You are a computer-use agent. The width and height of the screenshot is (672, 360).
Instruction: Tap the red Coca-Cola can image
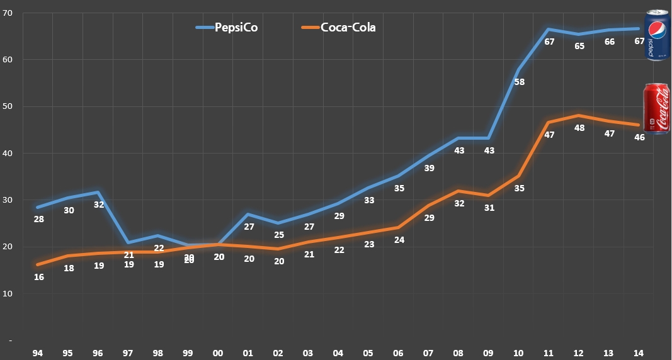tap(656, 109)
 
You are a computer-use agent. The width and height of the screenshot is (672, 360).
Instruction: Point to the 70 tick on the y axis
tap(9, 13)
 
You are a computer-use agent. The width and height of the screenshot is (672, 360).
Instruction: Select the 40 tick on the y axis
tap(9, 153)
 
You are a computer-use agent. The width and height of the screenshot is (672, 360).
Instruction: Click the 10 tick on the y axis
tap(9, 293)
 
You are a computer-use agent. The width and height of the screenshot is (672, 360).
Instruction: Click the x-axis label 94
tap(38, 353)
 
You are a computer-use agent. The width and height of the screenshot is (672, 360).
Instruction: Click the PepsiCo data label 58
tap(520, 82)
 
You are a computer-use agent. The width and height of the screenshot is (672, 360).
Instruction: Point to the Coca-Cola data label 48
tap(579, 128)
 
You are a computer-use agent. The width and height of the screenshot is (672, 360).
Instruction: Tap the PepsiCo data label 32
tap(99, 204)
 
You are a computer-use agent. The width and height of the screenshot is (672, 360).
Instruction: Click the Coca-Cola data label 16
tap(38, 277)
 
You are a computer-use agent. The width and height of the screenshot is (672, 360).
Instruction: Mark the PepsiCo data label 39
tap(430, 168)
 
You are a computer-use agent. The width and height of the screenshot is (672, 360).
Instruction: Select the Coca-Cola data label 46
tap(639, 137)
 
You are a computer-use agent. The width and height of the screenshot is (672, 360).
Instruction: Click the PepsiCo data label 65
tap(579, 46)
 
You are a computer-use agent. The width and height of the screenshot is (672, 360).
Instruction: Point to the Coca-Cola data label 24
tap(399, 240)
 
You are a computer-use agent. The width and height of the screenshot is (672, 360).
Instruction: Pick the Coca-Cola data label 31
tap(489, 208)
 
